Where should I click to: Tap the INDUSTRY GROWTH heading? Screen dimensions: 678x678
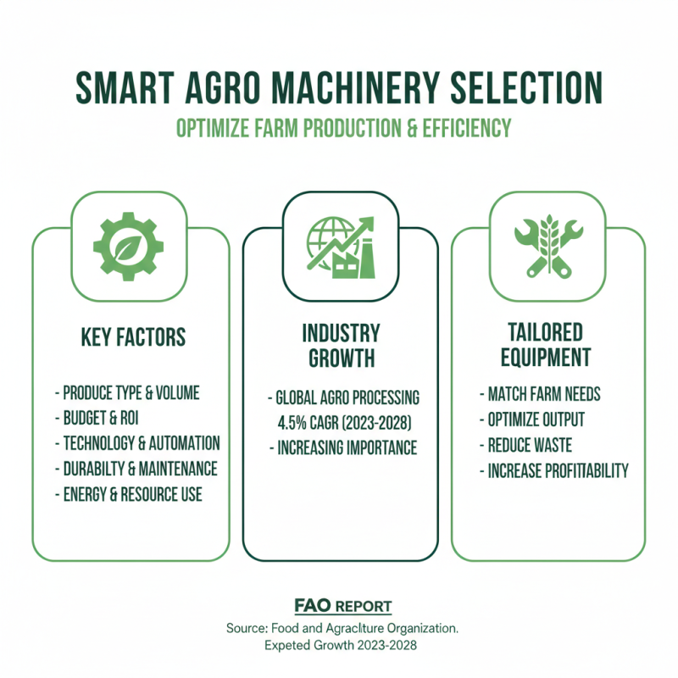point(341,344)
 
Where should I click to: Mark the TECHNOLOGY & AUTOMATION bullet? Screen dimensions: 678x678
point(137,443)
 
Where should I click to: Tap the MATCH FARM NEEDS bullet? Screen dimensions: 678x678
point(541,394)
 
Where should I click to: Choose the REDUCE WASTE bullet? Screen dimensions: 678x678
point(525,445)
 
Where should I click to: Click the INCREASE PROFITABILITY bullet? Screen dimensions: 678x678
point(553,470)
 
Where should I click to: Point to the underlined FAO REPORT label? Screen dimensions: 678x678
point(342,606)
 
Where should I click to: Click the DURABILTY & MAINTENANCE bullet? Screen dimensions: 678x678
point(136,469)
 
